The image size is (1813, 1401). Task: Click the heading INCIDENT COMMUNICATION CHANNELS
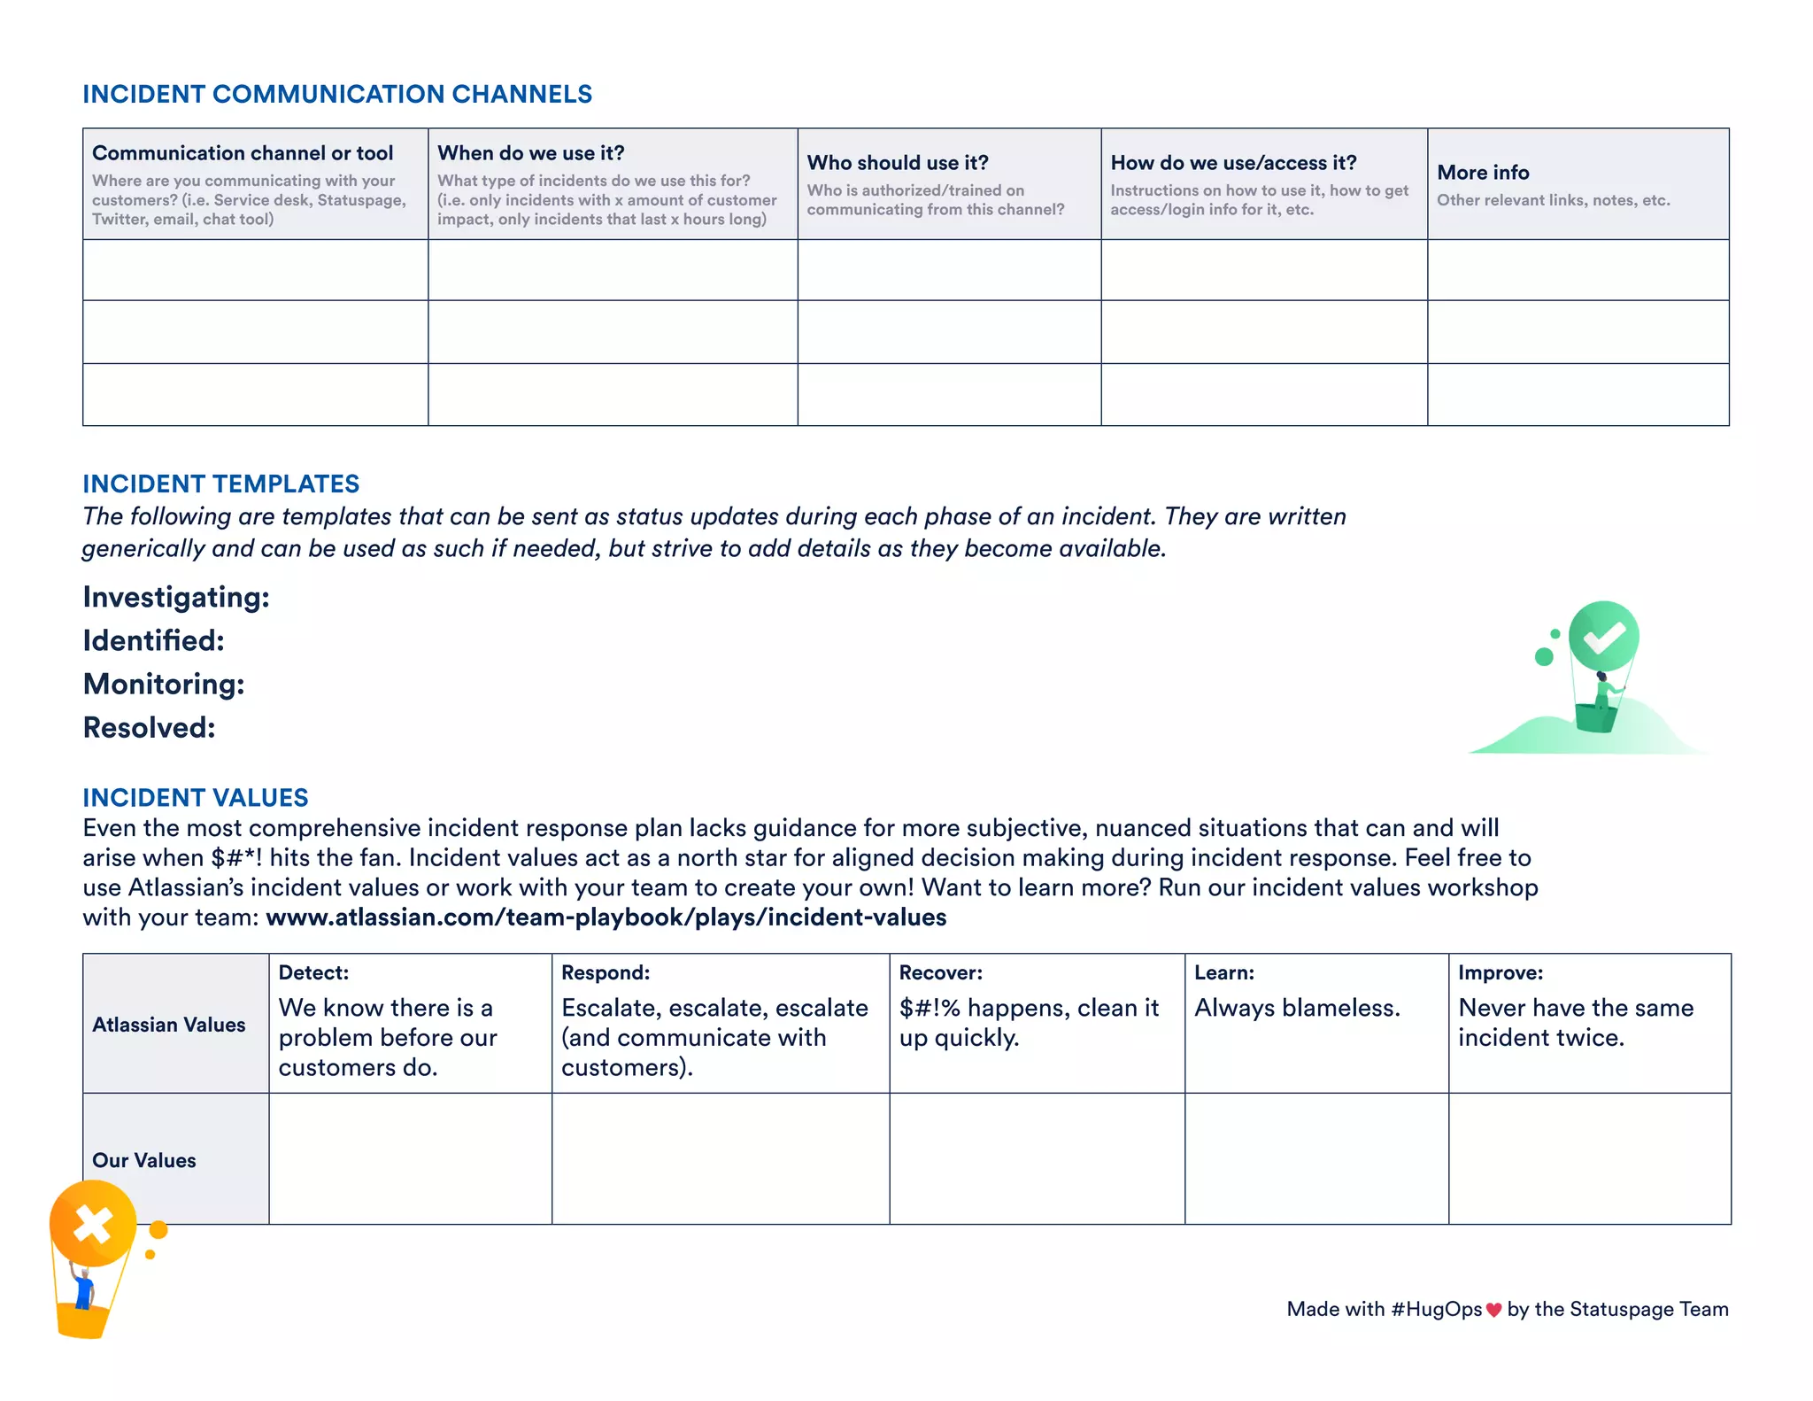(x=337, y=94)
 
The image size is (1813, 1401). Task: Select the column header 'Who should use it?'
(x=898, y=163)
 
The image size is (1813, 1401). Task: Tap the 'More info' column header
(x=1483, y=173)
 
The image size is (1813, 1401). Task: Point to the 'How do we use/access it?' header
(x=1233, y=163)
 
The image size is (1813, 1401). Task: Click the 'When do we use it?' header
(x=531, y=153)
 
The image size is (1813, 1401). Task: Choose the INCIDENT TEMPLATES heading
(x=220, y=484)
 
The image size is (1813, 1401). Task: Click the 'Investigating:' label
(x=176, y=598)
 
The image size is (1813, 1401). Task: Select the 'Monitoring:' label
(x=164, y=685)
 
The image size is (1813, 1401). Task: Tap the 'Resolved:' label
(x=149, y=728)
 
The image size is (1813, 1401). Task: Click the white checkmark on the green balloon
(x=1604, y=638)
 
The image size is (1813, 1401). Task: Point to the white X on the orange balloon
(x=92, y=1226)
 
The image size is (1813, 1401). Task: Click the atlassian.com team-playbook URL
(x=606, y=917)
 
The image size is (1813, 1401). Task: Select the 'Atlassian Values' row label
(x=168, y=1025)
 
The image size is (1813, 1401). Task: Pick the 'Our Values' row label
(x=144, y=1160)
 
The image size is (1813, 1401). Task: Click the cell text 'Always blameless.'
(x=1297, y=1008)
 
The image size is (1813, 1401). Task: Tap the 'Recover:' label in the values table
(x=940, y=972)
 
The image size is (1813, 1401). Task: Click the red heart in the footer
(x=1493, y=1310)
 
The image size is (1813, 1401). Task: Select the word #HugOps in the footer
(x=1436, y=1309)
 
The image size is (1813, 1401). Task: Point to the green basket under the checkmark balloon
(x=1595, y=718)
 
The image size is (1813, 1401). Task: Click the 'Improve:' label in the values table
(x=1501, y=972)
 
